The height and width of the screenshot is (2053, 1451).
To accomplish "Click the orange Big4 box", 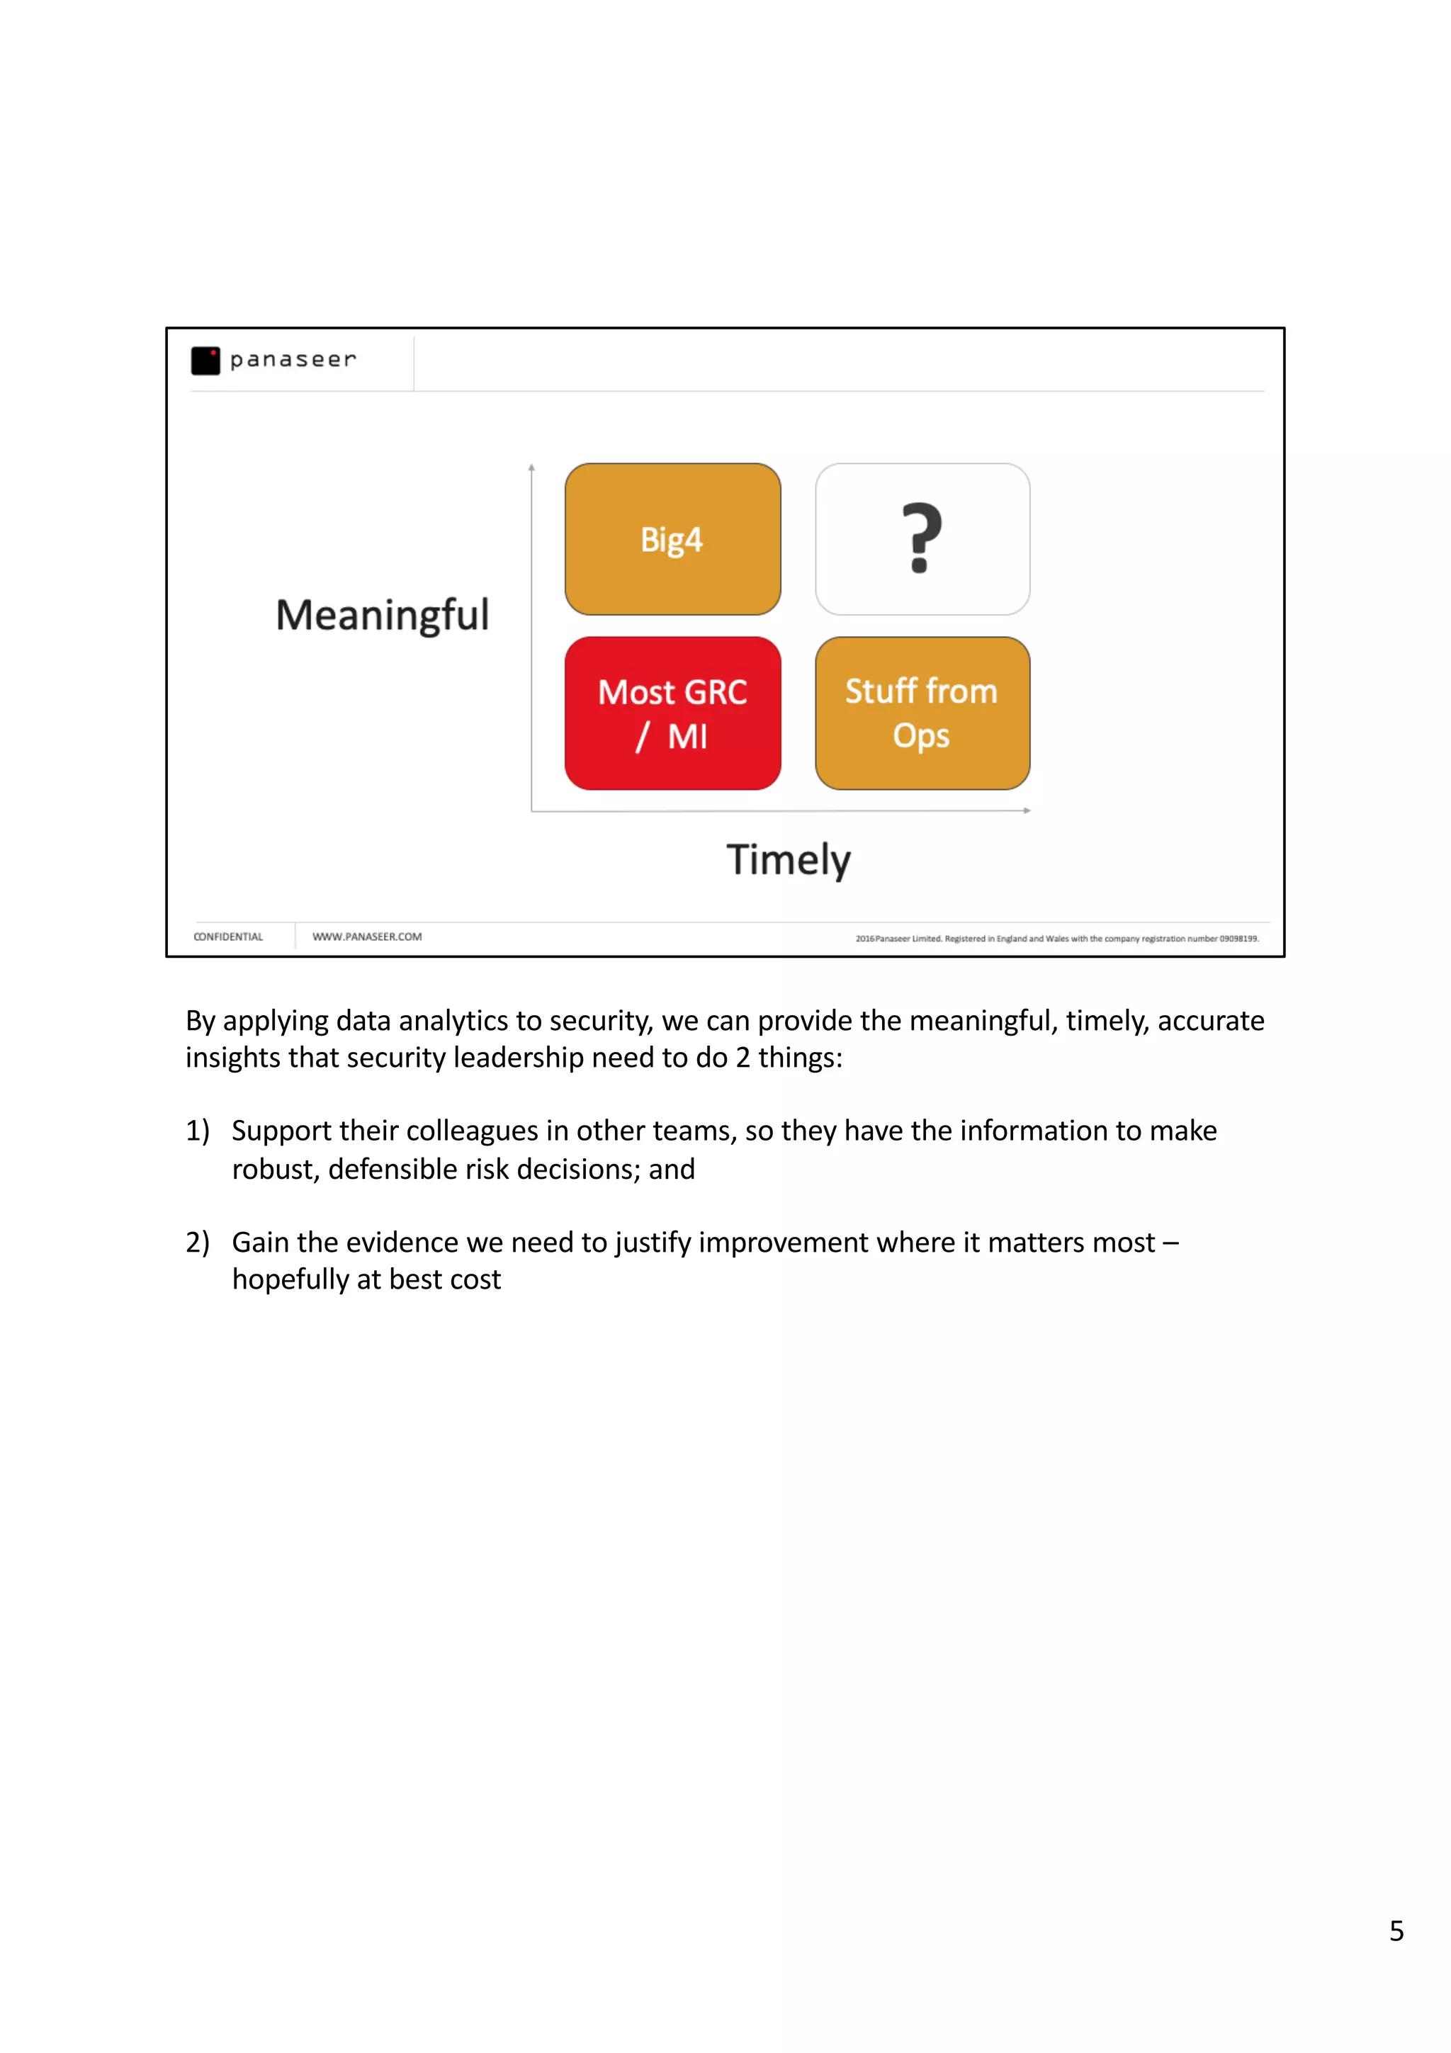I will point(672,539).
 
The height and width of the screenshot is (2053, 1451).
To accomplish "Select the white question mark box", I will point(922,539).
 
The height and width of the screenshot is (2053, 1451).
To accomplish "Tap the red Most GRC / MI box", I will point(672,713).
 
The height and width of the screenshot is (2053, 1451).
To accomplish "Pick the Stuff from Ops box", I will point(922,713).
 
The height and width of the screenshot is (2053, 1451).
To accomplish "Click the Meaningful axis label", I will point(382,615).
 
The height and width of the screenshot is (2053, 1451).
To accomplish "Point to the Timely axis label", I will point(788,860).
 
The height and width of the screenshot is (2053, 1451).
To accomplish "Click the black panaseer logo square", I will point(205,361).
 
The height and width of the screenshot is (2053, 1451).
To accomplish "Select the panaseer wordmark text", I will point(293,359).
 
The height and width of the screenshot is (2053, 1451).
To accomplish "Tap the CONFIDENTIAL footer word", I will point(228,937).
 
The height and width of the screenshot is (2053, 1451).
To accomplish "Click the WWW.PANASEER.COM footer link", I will point(366,937).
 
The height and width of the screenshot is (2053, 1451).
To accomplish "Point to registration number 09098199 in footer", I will point(1238,939).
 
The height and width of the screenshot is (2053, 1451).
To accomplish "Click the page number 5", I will point(1396,1930).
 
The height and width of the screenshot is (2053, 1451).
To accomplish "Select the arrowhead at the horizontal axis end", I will point(1027,810).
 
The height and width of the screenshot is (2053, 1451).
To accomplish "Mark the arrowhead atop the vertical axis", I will point(531,468).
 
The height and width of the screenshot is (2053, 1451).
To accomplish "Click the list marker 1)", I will point(198,1131).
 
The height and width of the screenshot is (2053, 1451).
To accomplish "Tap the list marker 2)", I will point(198,1243).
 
